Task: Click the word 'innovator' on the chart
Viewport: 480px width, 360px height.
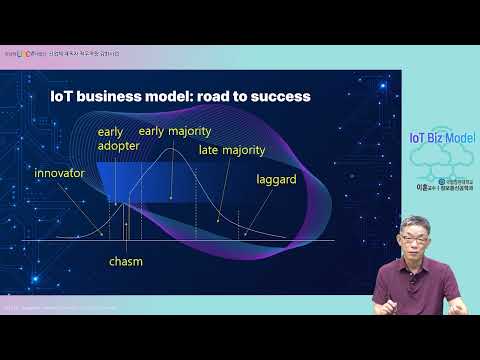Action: [x=59, y=173]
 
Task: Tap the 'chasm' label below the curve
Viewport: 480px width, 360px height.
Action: [x=126, y=261]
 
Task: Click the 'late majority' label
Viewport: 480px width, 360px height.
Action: [x=231, y=150]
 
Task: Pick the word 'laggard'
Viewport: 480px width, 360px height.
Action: [x=275, y=182]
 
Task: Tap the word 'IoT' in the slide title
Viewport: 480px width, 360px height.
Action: [x=62, y=97]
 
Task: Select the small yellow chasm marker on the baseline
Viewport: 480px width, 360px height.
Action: [x=126, y=228]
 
